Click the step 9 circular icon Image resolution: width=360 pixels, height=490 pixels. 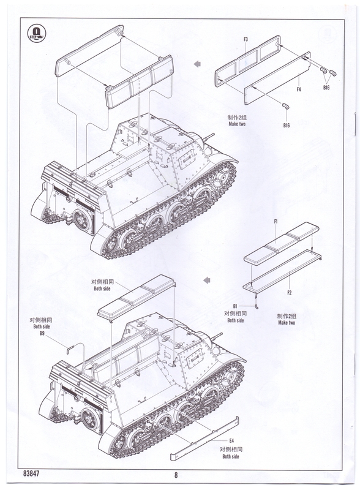[x=37, y=34]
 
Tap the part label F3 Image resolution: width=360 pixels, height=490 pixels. [x=246, y=39]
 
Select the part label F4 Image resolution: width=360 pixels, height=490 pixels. [x=299, y=89]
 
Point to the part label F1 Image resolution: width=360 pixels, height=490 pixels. [x=276, y=222]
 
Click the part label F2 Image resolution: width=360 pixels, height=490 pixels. [x=289, y=293]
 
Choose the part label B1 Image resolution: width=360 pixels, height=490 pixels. [x=235, y=306]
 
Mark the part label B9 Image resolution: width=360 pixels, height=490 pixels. [x=42, y=333]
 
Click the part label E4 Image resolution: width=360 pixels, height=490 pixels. [x=231, y=441]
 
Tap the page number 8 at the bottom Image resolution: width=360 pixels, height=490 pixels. [x=176, y=475]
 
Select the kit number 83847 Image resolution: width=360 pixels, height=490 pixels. [x=31, y=473]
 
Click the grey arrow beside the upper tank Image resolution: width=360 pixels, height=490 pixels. [x=197, y=64]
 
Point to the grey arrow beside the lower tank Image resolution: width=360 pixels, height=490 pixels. [x=206, y=280]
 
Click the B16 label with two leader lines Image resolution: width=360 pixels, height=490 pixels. [x=326, y=88]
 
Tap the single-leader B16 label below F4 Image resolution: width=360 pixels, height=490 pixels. [x=287, y=126]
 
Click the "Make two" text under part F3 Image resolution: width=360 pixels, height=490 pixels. [x=237, y=124]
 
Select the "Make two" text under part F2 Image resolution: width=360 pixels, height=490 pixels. [x=287, y=323]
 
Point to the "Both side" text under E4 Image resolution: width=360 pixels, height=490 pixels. [x=231, y=456]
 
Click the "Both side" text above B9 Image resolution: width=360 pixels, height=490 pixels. [x=42, y=326]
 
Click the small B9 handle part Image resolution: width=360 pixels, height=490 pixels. [x=70, y=349]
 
